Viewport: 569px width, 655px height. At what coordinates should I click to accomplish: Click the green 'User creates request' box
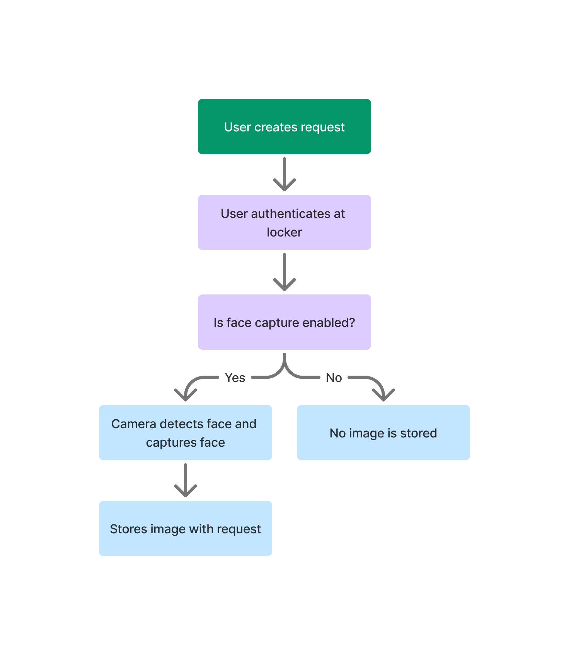pos(284,126)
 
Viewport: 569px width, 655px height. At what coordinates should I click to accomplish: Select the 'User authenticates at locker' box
pos(284,222)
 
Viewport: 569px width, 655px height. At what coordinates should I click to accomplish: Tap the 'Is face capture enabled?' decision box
pos(284,322)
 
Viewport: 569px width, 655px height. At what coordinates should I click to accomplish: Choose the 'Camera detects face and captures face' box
pos(186,432)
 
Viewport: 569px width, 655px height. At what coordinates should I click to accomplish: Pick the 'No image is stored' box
pos(383,432)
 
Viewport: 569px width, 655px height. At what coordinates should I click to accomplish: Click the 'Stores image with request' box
pos(186,528)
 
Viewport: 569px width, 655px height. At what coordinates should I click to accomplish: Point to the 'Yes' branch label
pos(235,378)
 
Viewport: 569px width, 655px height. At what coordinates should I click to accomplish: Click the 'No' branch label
pos(334,378)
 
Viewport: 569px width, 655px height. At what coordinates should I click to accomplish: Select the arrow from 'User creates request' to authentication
pos(284,174)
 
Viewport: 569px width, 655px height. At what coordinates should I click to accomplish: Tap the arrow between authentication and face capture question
pos(284,272)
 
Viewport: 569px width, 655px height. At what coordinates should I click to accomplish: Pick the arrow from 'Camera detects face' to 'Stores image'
pos(186,480)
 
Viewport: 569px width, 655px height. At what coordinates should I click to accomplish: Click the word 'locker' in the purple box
pos(284,232)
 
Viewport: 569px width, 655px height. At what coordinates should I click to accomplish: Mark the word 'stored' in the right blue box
pos(418,433)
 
